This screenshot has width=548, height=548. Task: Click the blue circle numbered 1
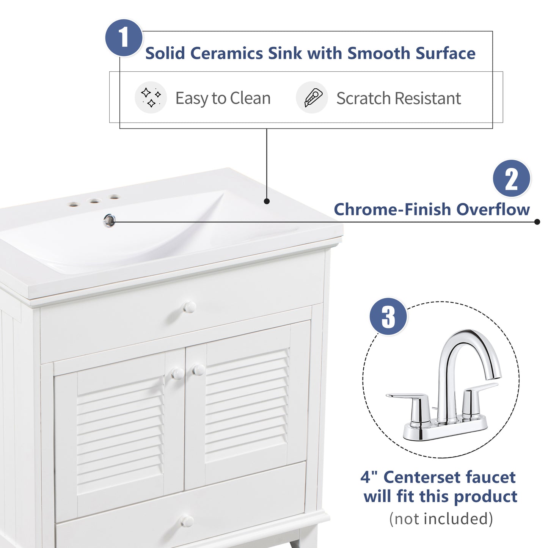(x=124, y=38)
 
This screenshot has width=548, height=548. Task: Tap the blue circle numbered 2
(x=511, y=178)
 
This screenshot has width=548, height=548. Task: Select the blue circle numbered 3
(x=388, y=316)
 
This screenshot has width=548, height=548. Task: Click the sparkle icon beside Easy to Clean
(x=151, y=97)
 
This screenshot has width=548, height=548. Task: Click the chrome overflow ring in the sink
(x=109, y=220)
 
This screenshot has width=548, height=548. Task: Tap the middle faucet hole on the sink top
(x=94, y=201)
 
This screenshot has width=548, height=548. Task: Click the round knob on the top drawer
(x=189, y=307)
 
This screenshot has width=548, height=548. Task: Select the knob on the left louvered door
(x=178, y=374)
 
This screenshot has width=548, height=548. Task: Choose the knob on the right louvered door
(x=198, y=370)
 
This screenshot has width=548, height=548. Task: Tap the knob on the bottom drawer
(x=187, y=521)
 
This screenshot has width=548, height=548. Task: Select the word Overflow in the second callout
(x=493, y=209)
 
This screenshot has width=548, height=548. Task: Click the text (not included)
(x=441, y=518)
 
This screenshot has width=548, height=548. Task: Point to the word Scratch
(x=363, y=98)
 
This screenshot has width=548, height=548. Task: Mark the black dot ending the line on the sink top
(x=267, y=201)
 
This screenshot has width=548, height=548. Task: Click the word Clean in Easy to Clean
(x=250, y=98)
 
